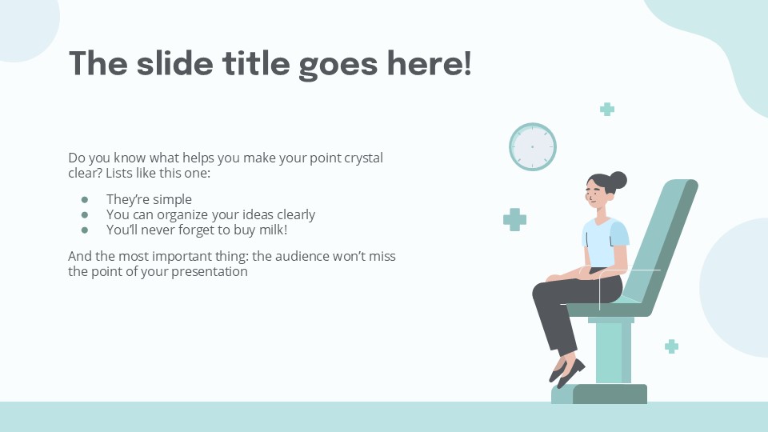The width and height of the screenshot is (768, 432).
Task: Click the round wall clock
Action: tap(532, 147)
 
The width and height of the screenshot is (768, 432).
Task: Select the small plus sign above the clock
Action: tap(607, 110)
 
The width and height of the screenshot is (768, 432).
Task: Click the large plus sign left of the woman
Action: tap(514, 219)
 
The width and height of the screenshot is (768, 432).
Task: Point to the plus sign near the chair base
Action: tap(671, 346)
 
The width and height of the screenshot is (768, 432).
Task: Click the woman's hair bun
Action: tap(618, 180)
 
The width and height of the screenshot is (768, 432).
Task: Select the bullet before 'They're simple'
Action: tap(85, 200)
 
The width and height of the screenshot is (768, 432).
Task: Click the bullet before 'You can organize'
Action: tap(85, 215)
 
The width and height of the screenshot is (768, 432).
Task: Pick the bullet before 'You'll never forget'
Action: tap(85, 230)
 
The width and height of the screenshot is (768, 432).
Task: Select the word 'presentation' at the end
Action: tap(210, 272)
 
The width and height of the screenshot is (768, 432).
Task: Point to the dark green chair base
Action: tap(610, 394)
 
